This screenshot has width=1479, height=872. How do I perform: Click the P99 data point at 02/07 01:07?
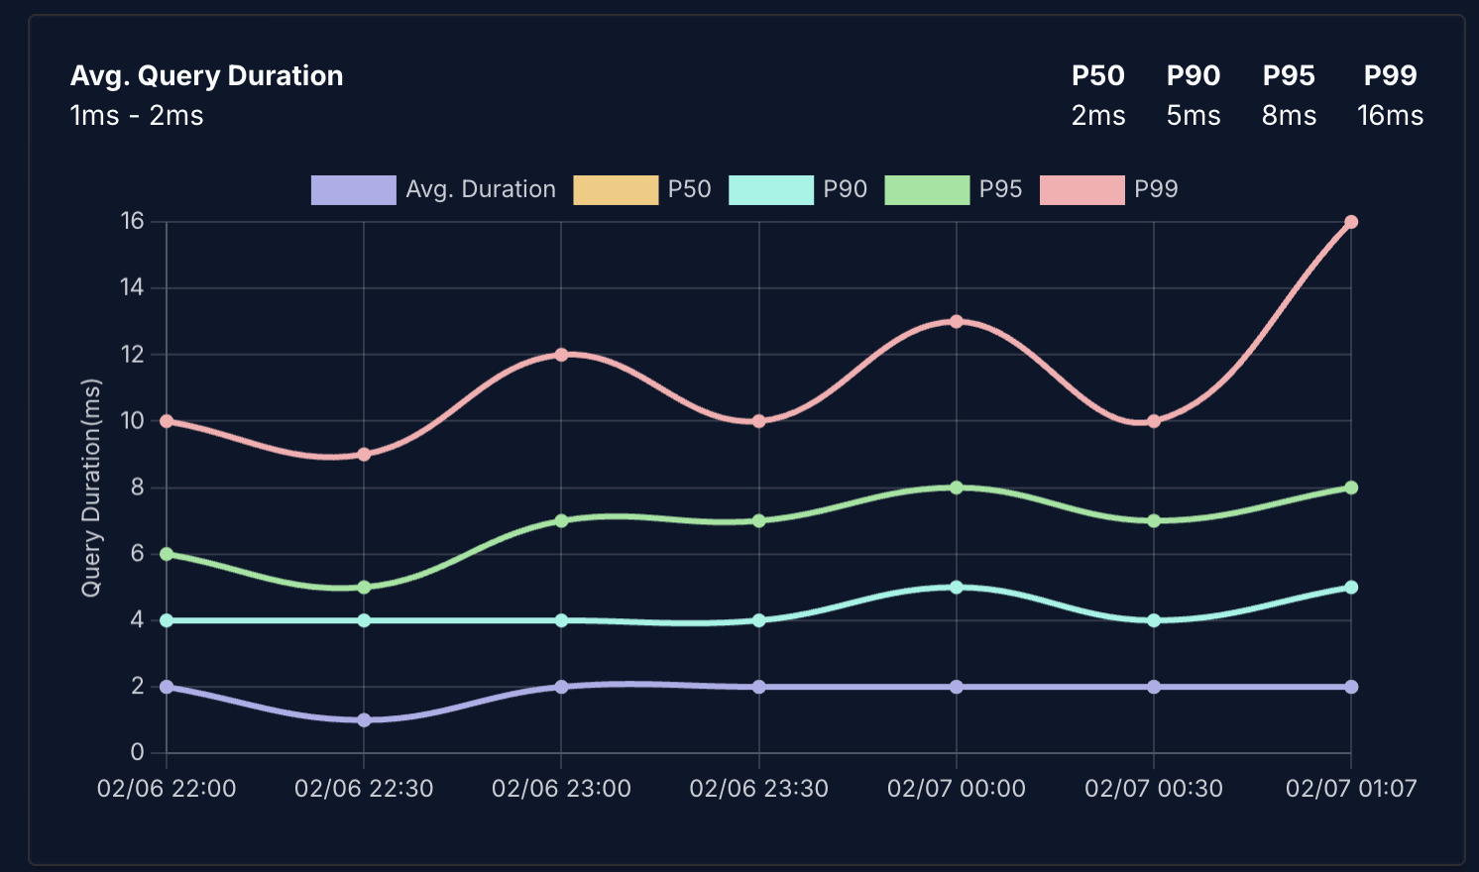(1351, 222)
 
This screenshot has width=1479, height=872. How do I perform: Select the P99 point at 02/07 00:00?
(957, 321)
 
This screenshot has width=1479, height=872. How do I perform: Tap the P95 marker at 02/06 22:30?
(364, 588)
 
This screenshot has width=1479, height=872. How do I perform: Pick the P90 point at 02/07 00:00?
(957, 588)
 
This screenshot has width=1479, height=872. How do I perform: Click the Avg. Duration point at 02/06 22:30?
(364, 720)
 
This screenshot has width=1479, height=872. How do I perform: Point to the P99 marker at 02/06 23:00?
(561, 355)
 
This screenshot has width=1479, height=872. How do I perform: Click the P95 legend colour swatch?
(927, 189)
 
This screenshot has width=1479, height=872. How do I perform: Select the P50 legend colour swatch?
(616, 189)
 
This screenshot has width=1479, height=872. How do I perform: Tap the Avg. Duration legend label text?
(481, 189)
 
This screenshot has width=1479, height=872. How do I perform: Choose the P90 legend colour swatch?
(771, 189)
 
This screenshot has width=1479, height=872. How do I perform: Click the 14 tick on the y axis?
(132, 288)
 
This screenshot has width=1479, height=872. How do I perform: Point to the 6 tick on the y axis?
(138, 554)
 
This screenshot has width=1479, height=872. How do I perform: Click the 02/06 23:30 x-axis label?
(758, 789)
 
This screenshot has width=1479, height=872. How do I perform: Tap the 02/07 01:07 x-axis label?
(1351, 789)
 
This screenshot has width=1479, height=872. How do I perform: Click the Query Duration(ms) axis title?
(91, 488)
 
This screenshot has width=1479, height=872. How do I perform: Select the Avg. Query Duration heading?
(206, 76)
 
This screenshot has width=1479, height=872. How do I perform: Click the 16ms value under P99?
(1390, 116)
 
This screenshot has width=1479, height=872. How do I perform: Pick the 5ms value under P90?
(1194, 116)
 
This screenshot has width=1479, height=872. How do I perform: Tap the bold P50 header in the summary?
(1098, 76)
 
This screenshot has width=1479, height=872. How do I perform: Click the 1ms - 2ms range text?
(137, 116)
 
